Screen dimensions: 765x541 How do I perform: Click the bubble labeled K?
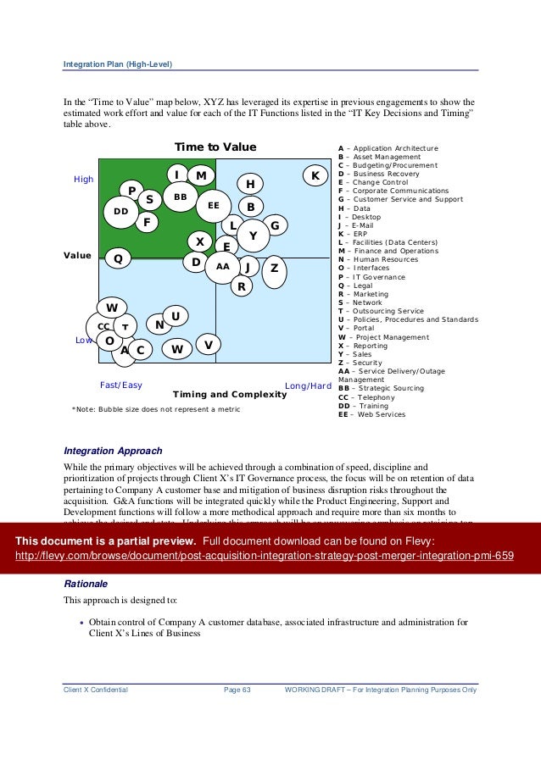pos(315,175)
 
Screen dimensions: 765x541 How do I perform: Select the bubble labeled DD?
pos(120,211)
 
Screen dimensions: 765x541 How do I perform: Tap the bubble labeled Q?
pos(118,258)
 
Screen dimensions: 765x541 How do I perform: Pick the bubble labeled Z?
pos(273,268)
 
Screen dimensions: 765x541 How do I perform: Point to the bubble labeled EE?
pos(213,205)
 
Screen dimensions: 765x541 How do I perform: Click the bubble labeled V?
pos(208,344)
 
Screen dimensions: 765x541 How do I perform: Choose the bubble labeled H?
pos(250,184)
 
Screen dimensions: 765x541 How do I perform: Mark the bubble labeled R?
pos(242,286)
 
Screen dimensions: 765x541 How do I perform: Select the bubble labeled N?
pos(159,324)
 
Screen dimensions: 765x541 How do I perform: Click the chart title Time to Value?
pos(215,147)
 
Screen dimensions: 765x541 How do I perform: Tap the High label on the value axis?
pos(84,180)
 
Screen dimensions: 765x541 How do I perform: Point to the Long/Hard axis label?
pos(308,385)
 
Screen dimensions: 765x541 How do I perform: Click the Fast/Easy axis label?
pos(121,385)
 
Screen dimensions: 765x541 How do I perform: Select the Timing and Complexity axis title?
pos(230,394)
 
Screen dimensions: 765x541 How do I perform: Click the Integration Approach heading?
pos(113,451)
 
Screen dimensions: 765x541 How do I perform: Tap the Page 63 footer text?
pos(237,690)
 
